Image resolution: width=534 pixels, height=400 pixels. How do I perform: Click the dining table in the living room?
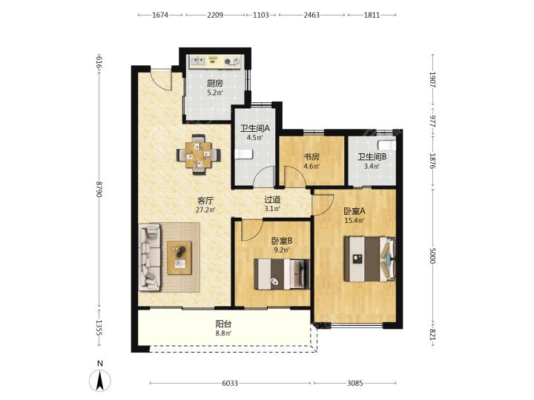(x=198, y=155)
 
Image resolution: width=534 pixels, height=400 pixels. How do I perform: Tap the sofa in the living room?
(x=150, y=257)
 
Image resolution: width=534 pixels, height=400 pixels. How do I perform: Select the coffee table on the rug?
(x=179, y=258)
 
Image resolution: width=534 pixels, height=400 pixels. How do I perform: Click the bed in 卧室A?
(x=369, y=259)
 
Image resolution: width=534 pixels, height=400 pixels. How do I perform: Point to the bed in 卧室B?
(x=282, y=274)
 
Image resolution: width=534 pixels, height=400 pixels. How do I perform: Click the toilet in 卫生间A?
(x=243, y=154)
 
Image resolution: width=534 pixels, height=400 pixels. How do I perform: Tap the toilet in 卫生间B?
(x=388, y=144)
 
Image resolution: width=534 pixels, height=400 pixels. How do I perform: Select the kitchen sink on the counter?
(x=197, y=61)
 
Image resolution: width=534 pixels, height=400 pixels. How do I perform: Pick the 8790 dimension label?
(x=99, y=190)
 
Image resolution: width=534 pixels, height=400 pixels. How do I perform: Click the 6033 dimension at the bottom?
(x=230, y=384)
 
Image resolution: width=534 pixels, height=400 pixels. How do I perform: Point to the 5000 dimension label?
(x=432, y=256)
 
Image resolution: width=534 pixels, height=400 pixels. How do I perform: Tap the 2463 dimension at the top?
(x=311, y=15)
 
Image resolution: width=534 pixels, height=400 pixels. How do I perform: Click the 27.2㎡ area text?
(x=205, y=210)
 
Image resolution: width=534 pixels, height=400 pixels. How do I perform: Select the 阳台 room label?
(x=223, y=324)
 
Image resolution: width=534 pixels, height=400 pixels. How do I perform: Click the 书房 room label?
(x=311, y=157)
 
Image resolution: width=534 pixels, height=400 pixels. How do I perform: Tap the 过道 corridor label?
(x=272, y=199)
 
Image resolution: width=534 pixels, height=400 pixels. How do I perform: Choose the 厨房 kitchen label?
(x=215, y=83)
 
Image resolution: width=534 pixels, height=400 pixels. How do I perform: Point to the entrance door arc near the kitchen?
(x=162, y=81)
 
